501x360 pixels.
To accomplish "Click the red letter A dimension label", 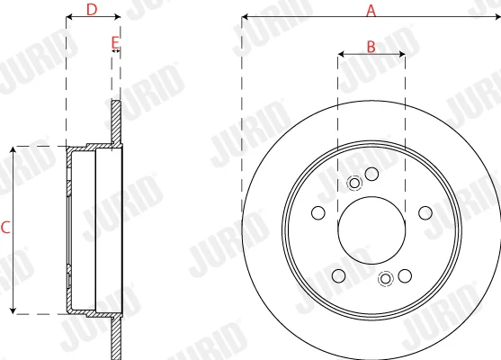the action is pyautogui.click(x=371, y=11).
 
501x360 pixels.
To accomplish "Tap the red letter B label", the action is pyautogui.click(x=371, y=47).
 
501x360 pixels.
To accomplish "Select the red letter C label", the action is pyautogui.click(x=5, y=228).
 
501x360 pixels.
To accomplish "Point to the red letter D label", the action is pyautogui.click(x=92, y=10).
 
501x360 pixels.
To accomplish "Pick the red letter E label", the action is pyautogui.click(x=115, y=42).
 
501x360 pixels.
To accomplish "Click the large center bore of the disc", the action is pyautogui.click(x=371, y=230).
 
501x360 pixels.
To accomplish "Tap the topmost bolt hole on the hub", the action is pyautogui.click(x=371, y=174).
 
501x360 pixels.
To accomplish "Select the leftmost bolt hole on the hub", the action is pyautogui.click(x=318, y=213).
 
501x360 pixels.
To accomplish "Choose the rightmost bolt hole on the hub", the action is pyautogui.click(x=425, y=213).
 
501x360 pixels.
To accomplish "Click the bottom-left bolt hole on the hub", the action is pyautogui.click(x=339, y=276).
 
